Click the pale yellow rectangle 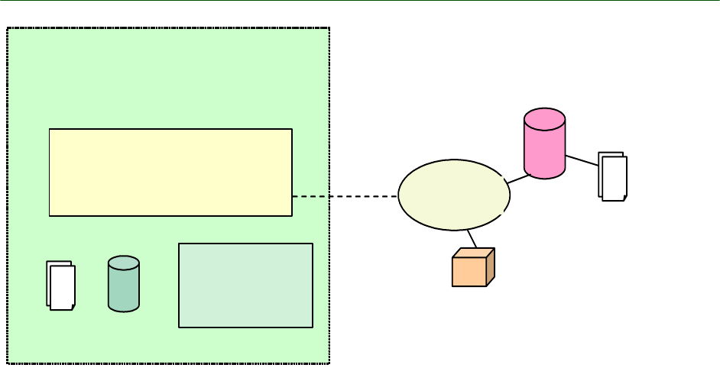pos(170,172)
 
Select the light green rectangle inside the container pos(245,285)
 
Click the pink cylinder pos(544,149)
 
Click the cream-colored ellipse pos(454,195)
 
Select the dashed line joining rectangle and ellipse pos(344,196)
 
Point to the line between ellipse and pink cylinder pos(519,179)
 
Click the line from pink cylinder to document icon pos(582,160)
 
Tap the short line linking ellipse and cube pos(472,239)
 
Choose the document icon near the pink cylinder pos(613,176)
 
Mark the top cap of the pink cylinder pos(544,119)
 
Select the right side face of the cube pos(491,267)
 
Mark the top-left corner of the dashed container pos(8,29)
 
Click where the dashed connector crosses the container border pos(329,196)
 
